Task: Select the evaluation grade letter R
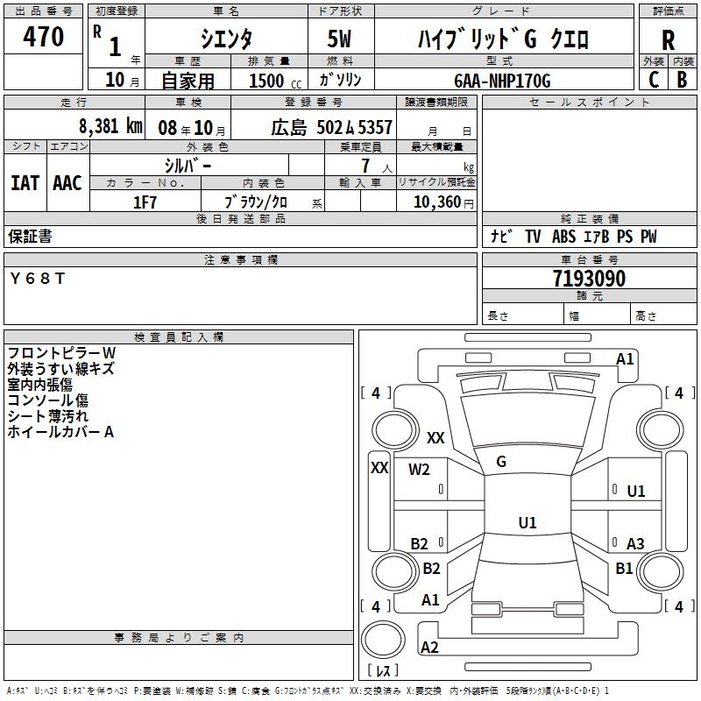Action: [x=668, y=39]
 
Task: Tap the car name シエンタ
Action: [x=225, y=39]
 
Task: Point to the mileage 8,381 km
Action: [x=110, y=126]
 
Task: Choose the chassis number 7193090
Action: [x=589, y=279]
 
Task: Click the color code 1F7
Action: [x=145, y=202]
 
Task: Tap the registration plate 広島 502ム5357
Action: [x=330, y=127]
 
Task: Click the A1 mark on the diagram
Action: [x=625, y=359]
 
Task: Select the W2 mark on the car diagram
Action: [x=420, y=470]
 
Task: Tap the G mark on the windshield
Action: [x=500, y=462]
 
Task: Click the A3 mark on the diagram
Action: [x=635, y=544]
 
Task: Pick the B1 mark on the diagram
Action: [x=624, y=569]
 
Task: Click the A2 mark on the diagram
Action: [x=429, y=648]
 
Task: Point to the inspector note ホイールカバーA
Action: [x=61, y=432]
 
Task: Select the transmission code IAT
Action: [x=25, y=182]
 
